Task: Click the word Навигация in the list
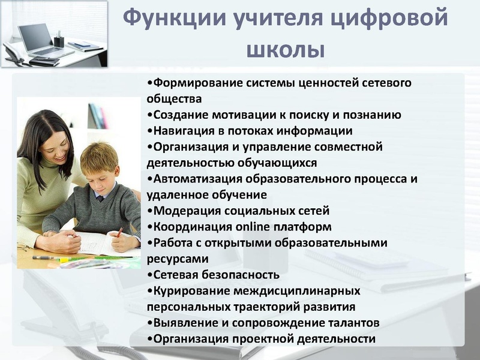pos(179,130)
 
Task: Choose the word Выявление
pos(180,323)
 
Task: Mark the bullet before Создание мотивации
pos(148,115)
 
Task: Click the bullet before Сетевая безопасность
pos(148,275)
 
